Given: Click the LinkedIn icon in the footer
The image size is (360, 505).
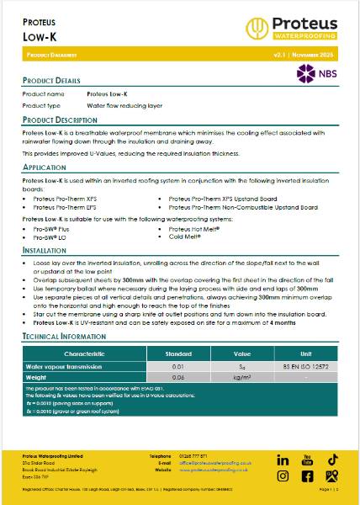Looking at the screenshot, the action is point(283,460).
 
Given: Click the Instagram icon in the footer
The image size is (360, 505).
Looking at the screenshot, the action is point(307,477).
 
